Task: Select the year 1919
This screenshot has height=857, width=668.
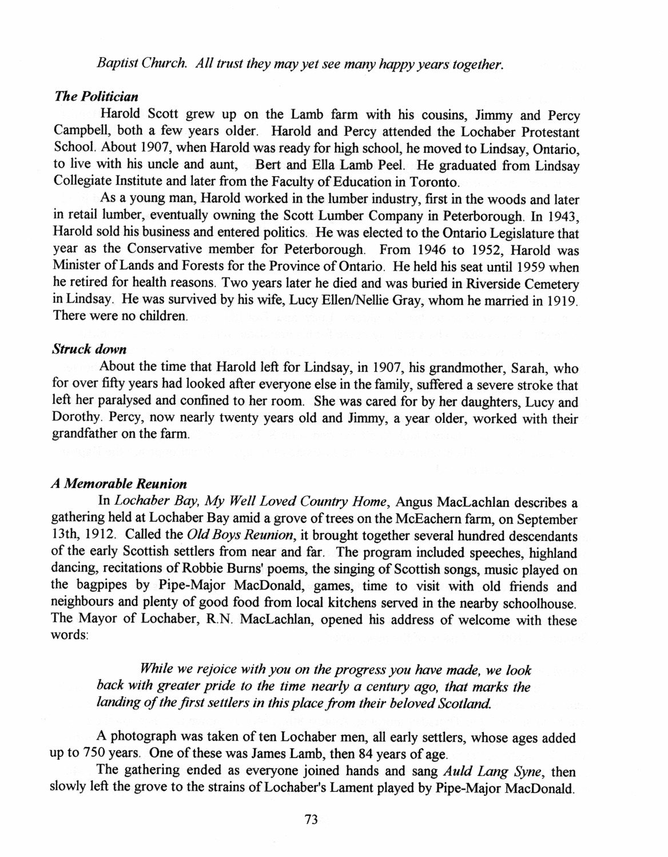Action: [564, 299]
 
